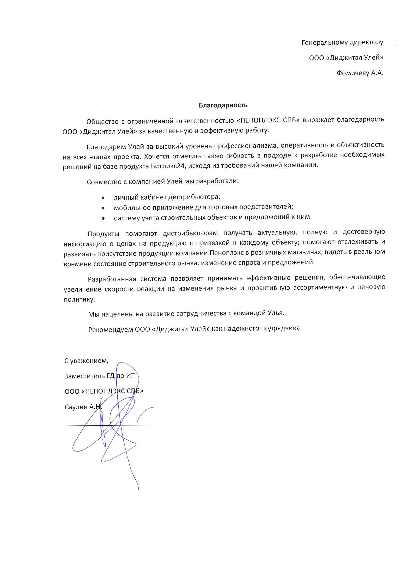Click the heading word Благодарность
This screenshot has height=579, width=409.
click(223, 105)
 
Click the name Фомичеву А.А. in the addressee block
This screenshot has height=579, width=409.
click(360, 73)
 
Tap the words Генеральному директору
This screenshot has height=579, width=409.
click(342, 42)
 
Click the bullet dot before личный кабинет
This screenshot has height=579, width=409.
click(103, 198)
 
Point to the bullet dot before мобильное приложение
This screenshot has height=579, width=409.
click(103, 208)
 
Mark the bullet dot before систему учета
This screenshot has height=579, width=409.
click(103, 218)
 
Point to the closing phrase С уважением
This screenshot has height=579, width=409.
click(86, 361)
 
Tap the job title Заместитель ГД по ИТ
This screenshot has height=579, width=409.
click(99, 376)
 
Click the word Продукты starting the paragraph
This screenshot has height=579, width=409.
click(103, 234)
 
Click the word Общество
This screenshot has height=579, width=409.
click(102, 122)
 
